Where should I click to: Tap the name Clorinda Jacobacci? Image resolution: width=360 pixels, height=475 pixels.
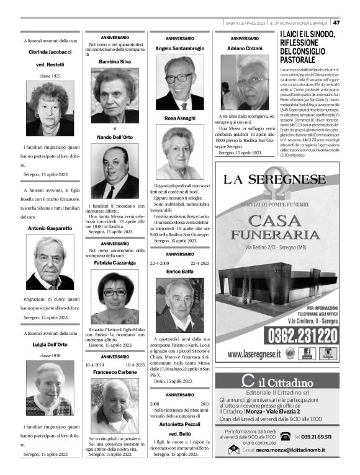[50, 52]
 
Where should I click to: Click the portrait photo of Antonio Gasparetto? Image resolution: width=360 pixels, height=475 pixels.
[50, 262]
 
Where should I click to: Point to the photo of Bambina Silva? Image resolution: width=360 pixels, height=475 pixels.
[114, 95]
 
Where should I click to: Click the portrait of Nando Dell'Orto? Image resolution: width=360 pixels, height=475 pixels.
[114, 171]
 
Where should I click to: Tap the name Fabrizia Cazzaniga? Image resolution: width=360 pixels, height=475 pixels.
[114, 264]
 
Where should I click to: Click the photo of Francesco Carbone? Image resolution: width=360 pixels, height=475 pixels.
[114, 406]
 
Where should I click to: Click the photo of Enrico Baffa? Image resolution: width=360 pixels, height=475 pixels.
[179, 304]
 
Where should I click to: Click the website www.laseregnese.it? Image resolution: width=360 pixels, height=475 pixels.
[254, 353]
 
